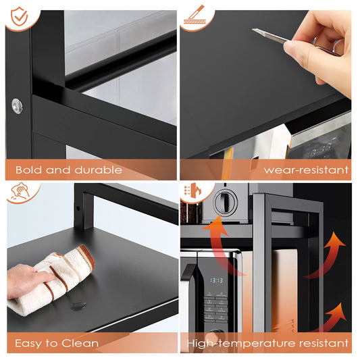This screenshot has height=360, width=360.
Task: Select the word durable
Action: [97, 170]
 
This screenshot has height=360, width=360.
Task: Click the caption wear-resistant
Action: [306, 170]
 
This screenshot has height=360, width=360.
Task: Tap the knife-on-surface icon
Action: [197, 16]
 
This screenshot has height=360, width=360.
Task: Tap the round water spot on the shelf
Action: [79, 305]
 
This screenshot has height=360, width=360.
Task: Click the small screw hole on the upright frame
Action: [78, 207]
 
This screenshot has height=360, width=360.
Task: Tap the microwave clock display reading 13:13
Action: [216, 280]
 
